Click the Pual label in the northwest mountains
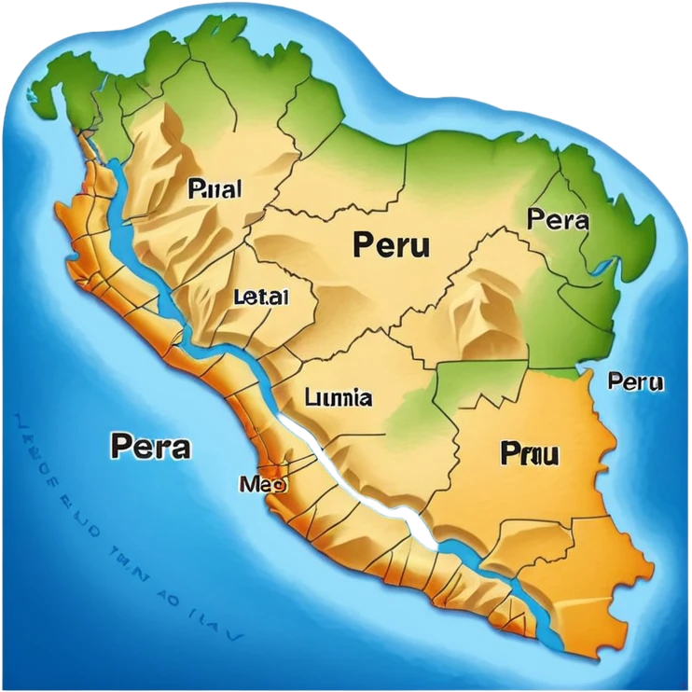coord(215,189)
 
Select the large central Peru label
coord(392,244)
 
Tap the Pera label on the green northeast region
coord(558,220)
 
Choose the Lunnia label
coord(339,398)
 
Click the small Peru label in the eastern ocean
coord(635,381)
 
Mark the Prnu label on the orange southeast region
coord(529,454)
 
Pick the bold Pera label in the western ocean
coord(150,446)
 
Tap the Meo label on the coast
coord(263,484)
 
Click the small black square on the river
coord(422,533)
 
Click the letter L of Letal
coord(237,298)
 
